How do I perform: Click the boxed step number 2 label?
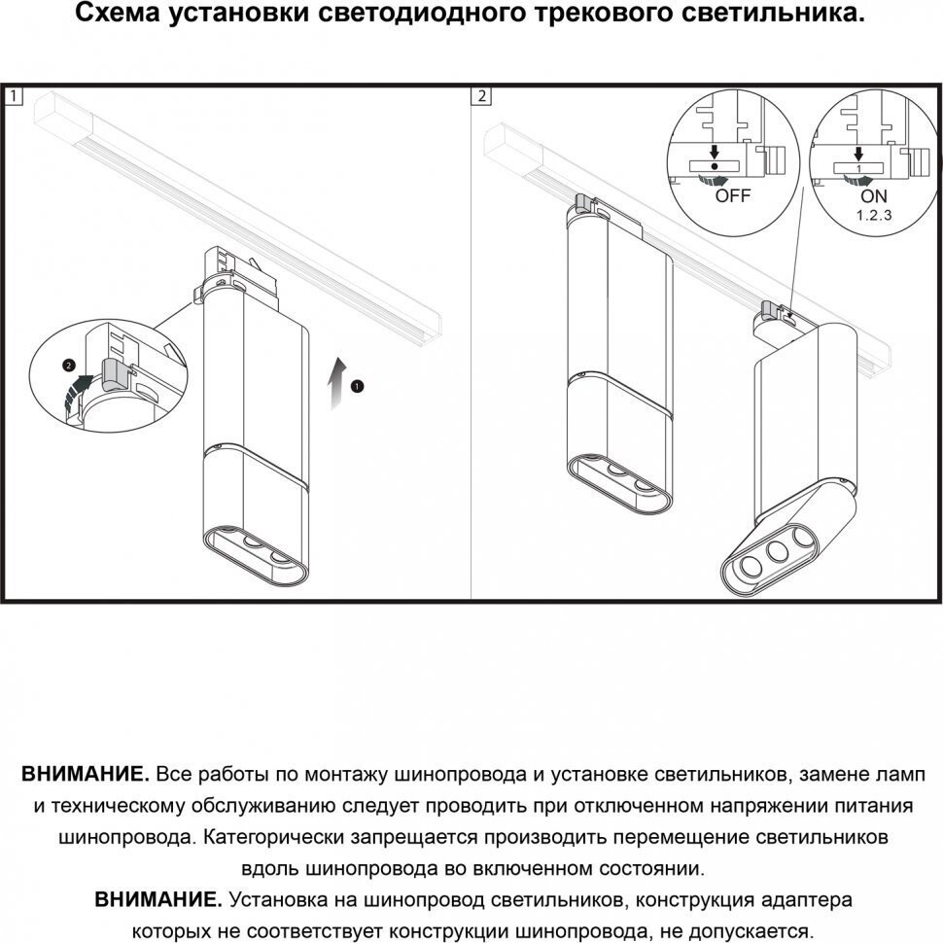[x=483, y=96]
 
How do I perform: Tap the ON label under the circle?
[x=859, y=195]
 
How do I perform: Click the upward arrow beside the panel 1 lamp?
[x=335, y=381]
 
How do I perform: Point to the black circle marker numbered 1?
[x=358, y=385]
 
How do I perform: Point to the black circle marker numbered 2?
[x=67, y=366]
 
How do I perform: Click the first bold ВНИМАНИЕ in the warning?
[x=85, y=775]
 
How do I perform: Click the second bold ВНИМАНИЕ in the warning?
[x=158, y=899]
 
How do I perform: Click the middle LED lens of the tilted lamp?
[x=777, y=551]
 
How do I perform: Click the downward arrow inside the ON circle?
[x=858, y=152]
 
